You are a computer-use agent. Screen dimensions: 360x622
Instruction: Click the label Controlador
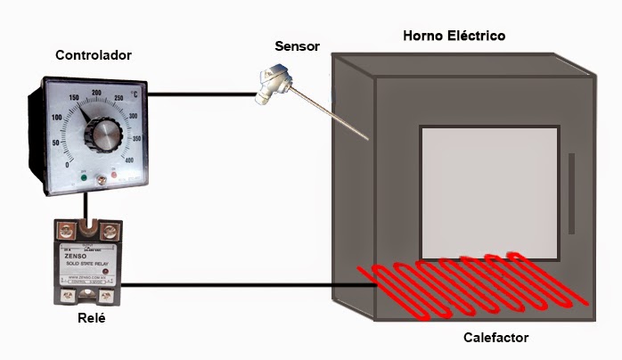point(93,55)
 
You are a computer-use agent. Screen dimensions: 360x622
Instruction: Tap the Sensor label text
point(297,46)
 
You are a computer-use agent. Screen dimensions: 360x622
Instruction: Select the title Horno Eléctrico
point(454,36)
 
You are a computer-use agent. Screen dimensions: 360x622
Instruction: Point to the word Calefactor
point(496,339)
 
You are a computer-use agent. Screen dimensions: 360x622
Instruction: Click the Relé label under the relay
point(92,318)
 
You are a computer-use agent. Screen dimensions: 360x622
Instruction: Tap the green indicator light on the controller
point(83,177)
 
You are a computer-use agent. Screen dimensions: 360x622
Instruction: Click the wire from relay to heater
point(250,285)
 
